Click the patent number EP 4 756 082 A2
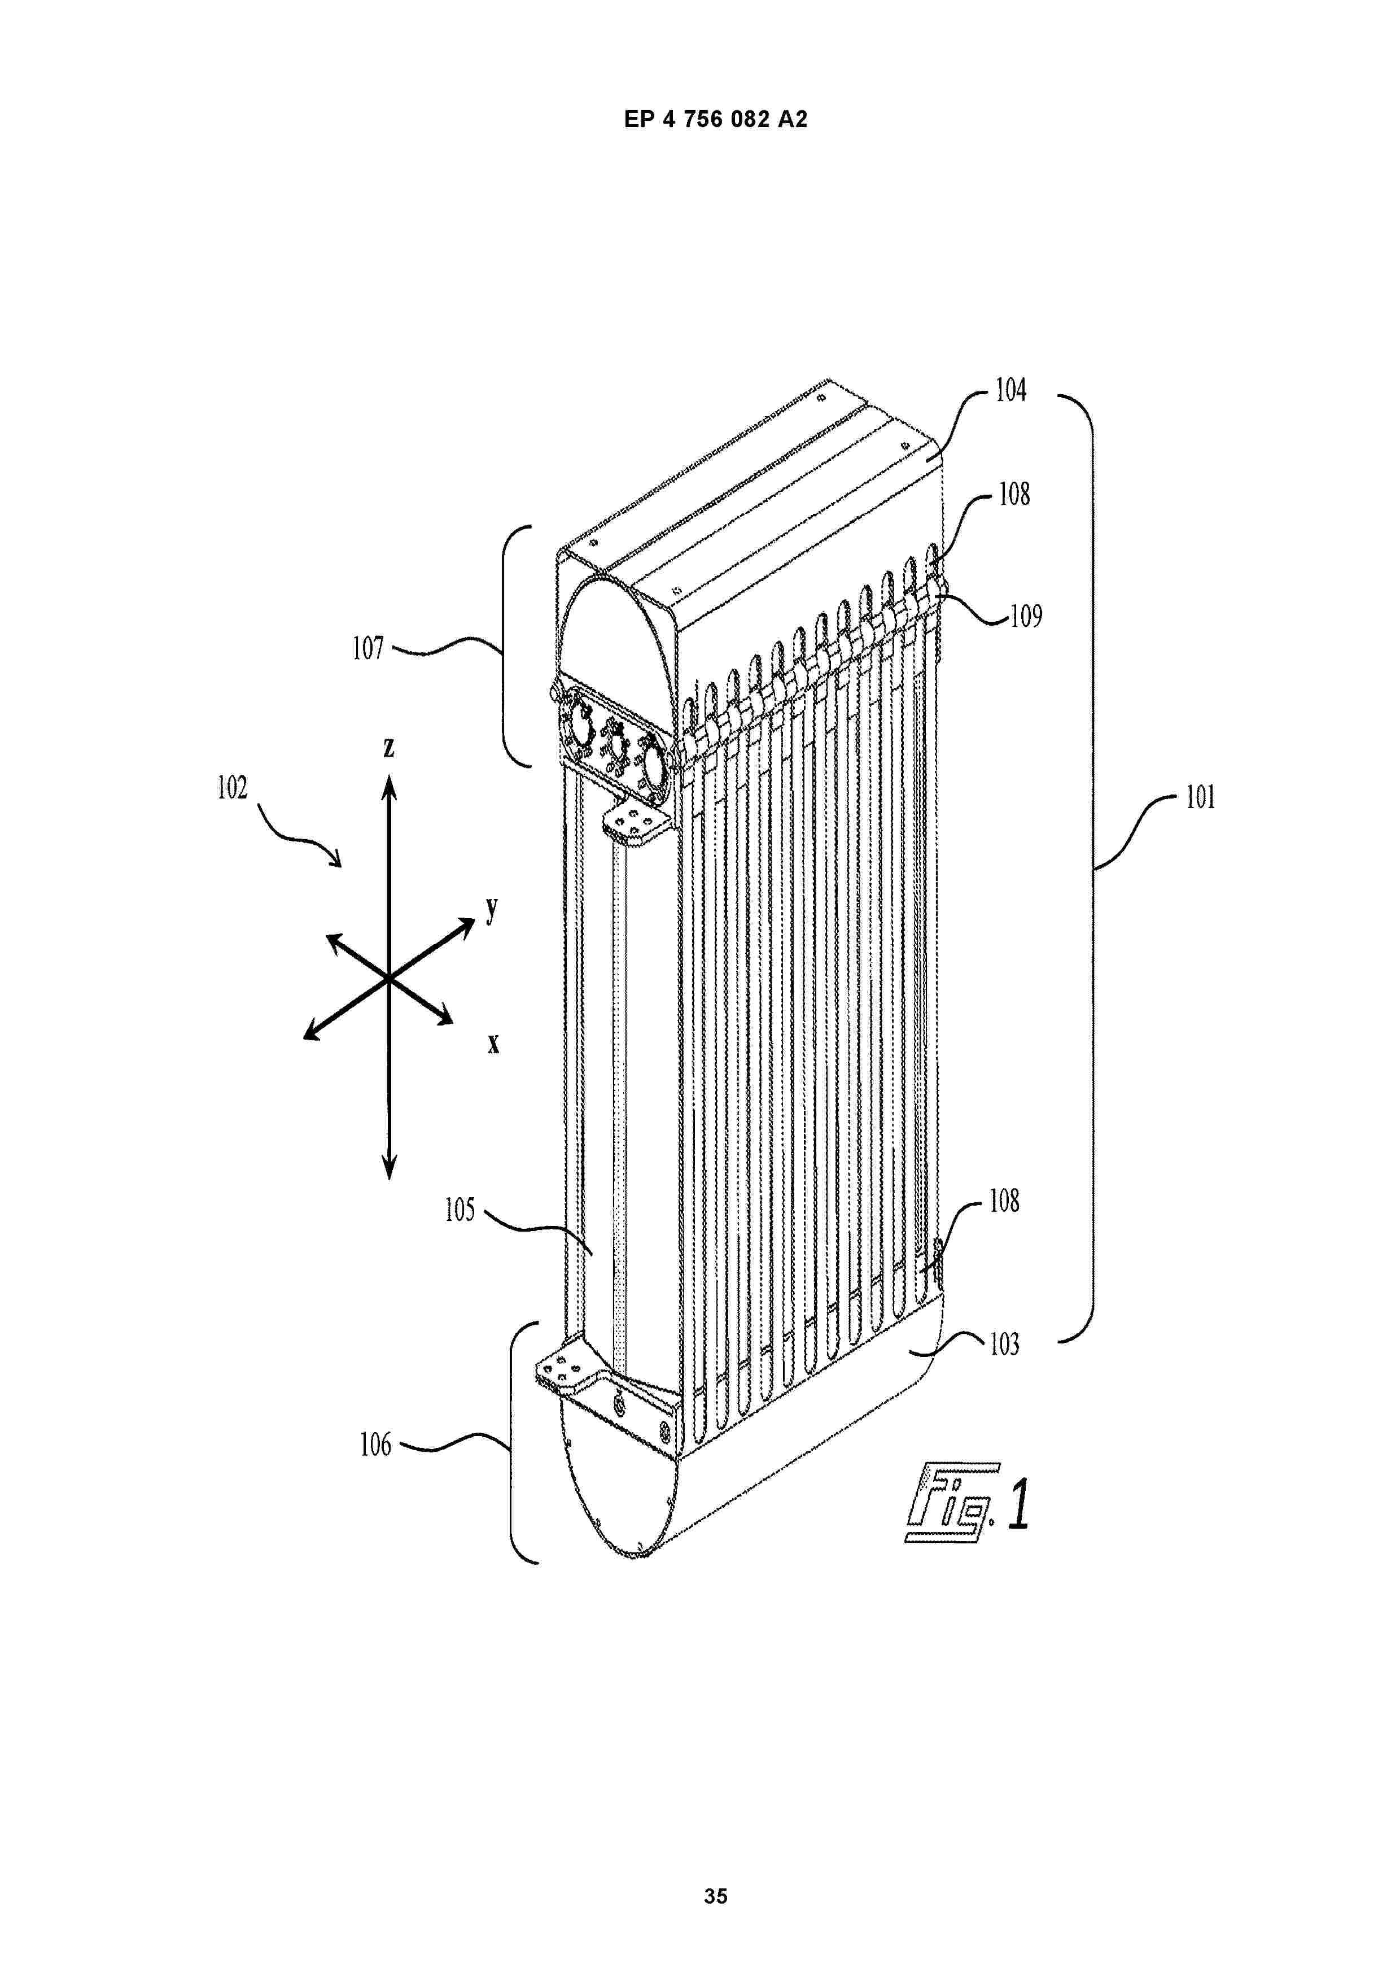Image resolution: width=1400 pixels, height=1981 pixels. [715, 120]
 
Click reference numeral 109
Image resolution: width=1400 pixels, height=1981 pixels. [1026, 616]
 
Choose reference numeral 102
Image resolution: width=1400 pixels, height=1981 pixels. [232, 787]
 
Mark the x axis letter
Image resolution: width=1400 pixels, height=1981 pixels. [493, 1044]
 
